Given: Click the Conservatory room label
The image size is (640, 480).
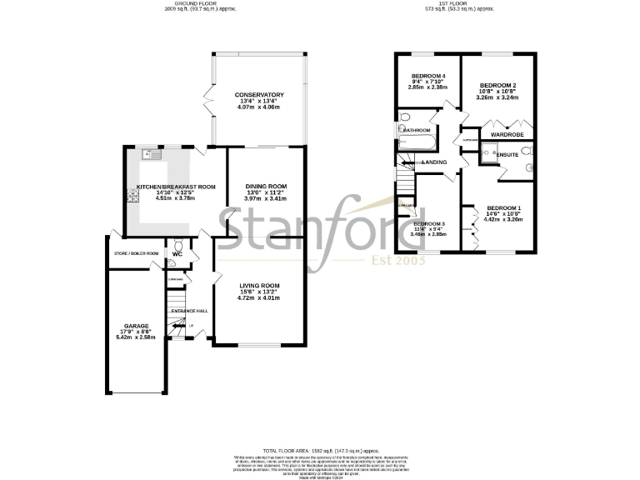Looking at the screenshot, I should coord(259,95).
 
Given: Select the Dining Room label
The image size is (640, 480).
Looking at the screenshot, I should coord(266,186).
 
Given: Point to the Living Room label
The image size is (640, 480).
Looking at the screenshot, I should coord(258,285).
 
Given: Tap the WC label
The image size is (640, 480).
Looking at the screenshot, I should coord(177,254).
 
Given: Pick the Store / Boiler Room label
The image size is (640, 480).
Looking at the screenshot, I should coord(136,252).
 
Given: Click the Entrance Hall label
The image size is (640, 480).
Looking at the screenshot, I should coord(190,311).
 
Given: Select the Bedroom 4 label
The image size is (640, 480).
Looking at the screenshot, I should coord(428,76).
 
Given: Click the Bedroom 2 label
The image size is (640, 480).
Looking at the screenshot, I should coord(502,85).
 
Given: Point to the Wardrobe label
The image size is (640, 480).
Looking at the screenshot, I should coord(506,134).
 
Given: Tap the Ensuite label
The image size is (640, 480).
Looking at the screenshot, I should coord(507,155).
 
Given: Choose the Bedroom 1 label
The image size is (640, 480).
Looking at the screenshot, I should coord(504,207).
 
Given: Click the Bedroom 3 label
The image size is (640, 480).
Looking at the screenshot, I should coord(429,224).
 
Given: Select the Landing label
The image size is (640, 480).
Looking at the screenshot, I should coord(434,162).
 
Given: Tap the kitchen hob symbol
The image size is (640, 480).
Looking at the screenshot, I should coord(132,197).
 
